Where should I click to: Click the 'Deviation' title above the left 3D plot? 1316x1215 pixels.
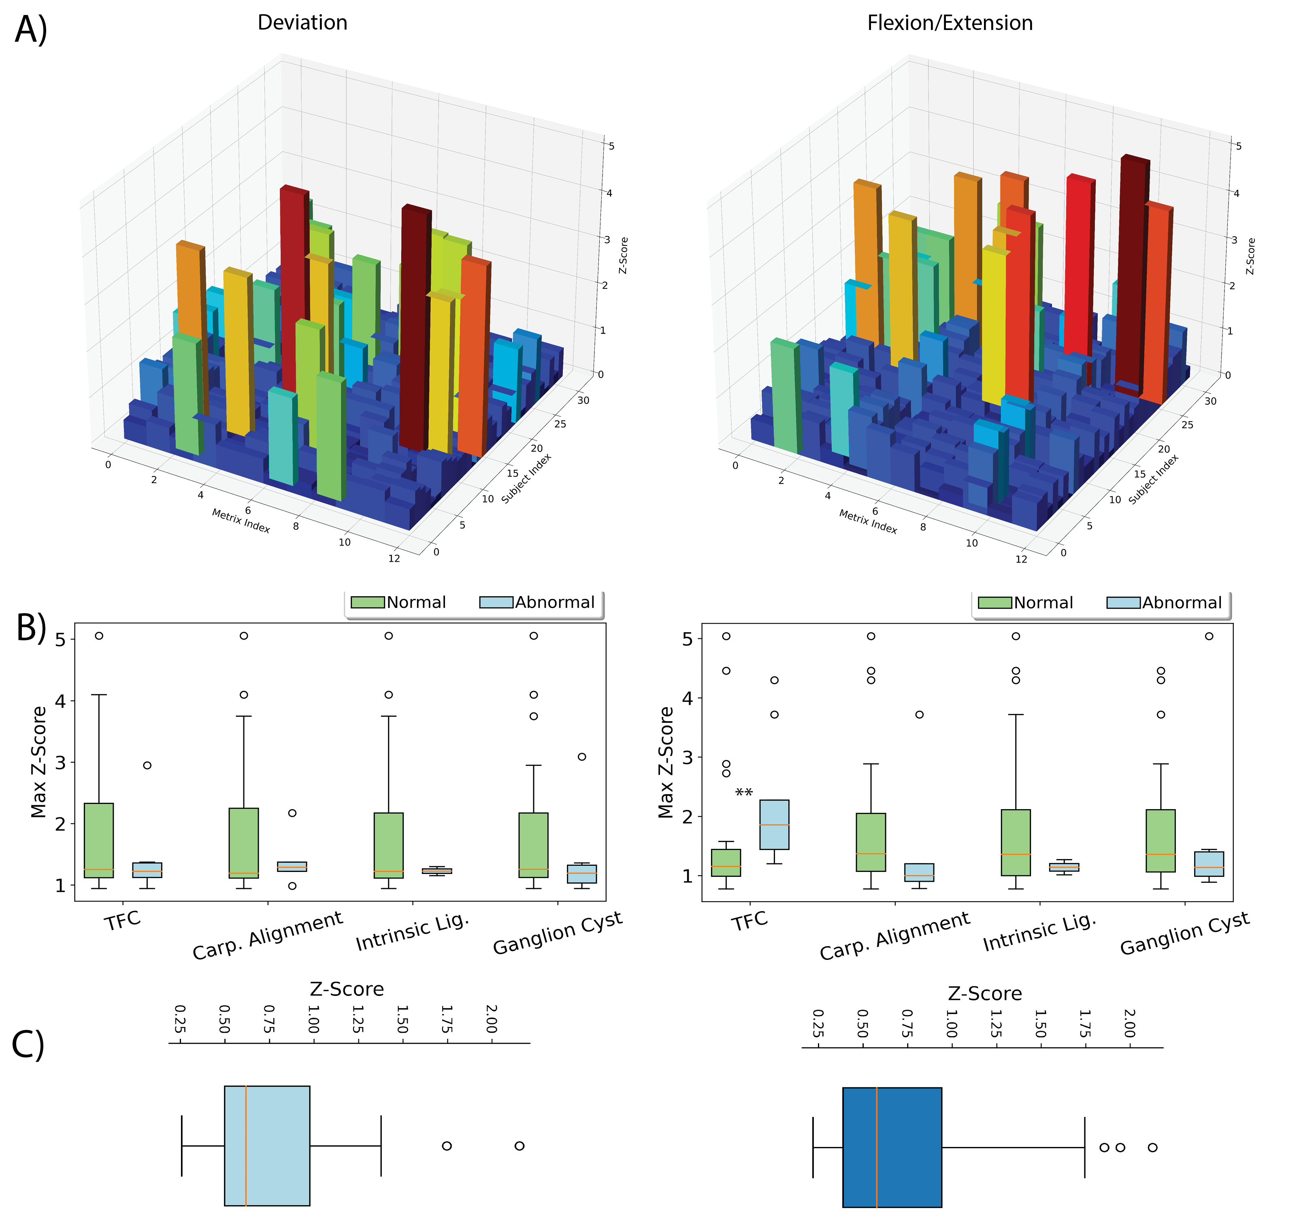(302, 23)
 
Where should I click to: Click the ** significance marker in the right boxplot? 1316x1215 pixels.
(743, 793)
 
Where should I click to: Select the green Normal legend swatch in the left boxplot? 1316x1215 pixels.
(367, 602)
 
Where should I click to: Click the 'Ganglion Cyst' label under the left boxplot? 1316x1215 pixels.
(558, 934)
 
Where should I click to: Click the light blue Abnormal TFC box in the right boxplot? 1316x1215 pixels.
(774, 825)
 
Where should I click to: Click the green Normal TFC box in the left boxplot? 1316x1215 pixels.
(99, 840)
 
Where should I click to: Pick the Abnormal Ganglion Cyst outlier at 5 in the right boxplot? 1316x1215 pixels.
(1209, 636)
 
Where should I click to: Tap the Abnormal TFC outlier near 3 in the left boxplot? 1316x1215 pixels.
(147, 765)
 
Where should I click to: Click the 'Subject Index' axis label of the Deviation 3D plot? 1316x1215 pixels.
(526, 479)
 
